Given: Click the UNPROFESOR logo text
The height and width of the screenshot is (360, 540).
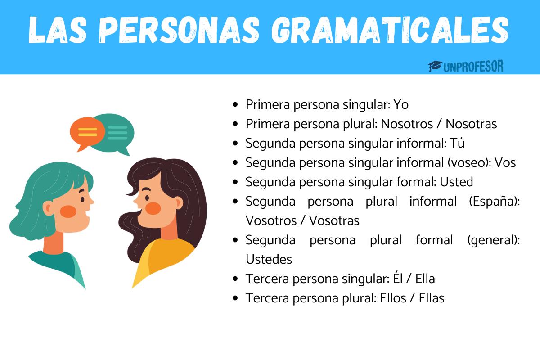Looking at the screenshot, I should pyautogui.click(x=473, y=67).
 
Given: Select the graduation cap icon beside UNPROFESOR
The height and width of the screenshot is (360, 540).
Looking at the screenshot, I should pyautogui.click(x=434, y=67).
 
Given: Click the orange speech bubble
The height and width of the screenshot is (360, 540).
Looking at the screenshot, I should pyautogui.click(x=87, y=132).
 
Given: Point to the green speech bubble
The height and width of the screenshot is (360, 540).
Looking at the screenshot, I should pyautogui.click(x=118, y=130).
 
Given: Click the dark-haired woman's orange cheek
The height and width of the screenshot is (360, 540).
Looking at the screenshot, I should pyautogui.click(x=153, y=208).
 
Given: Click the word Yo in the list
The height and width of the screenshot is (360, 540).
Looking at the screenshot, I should pyautogui.click(x=401, y=104).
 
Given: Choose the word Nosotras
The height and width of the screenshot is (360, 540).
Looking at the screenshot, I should pyautogui.click(x=471, y=124).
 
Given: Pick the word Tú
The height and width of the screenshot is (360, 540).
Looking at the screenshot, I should pyautogui.click(x=457, y=143).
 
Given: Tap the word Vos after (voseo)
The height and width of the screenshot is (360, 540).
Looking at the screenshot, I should pyautogui.click(x=505, y=162).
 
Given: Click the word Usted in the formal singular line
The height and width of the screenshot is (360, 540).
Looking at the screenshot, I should pyautogui.click(x=456, y=182).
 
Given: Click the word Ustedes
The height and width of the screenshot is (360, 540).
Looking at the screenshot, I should pyautogui.click(x=269, y=259).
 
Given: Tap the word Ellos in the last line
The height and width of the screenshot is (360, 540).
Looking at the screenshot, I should pyautogui.click(x=391, y=298).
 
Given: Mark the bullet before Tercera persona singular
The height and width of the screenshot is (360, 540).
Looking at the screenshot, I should pyautogui.click(x=235, y=279).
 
